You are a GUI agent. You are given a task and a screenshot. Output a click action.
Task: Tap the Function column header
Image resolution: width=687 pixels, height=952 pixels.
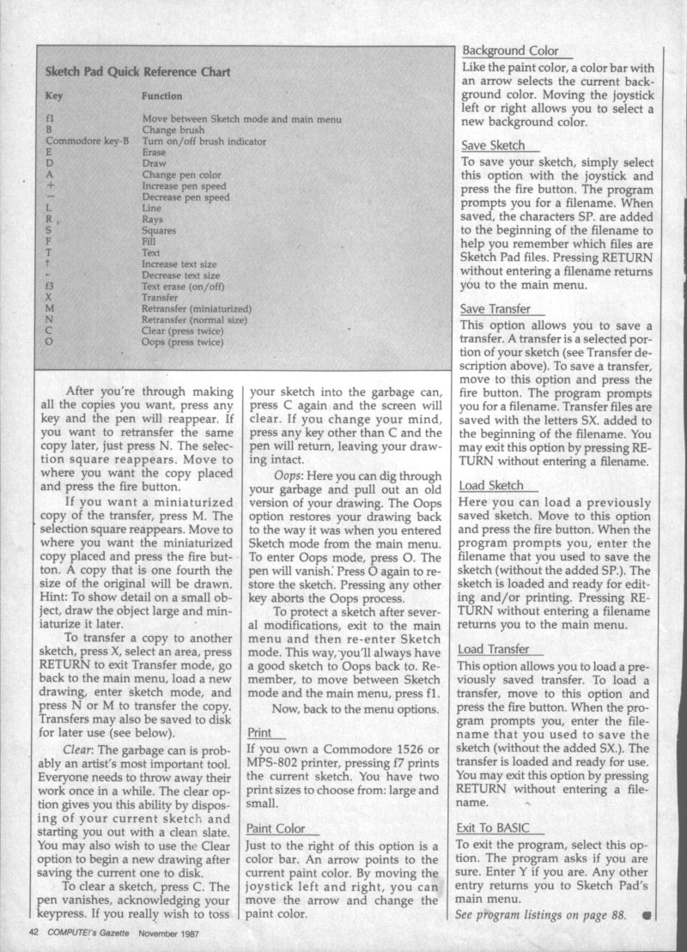[161, 97]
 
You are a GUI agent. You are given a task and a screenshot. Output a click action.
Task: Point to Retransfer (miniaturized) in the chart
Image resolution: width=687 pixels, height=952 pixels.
[196, 307]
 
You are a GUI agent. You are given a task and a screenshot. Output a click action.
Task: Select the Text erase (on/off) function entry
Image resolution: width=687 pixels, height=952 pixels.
[183, 286]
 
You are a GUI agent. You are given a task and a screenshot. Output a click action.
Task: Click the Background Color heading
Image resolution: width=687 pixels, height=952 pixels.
[510, 51]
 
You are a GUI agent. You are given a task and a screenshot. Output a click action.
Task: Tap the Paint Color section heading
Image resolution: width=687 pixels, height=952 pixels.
[275, 828]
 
